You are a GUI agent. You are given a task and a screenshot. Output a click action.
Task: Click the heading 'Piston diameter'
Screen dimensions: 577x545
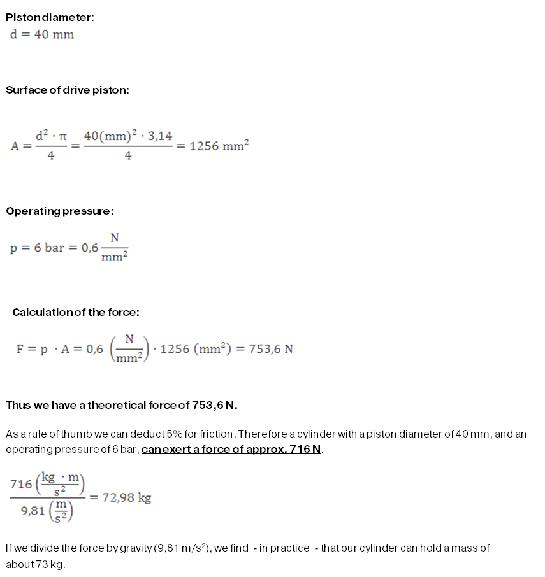tap(49, 17)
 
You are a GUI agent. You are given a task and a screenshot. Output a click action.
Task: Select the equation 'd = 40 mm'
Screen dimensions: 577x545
tap(42, 34)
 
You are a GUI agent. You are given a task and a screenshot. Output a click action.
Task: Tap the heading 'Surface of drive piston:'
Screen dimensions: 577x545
tap(68, 90)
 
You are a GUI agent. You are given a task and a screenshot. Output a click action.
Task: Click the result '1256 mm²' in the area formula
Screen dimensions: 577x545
tap(219, 145)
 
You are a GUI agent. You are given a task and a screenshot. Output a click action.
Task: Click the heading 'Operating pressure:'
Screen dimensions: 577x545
tap(60, 211)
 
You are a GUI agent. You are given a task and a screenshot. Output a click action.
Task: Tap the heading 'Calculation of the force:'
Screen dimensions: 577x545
tap(76, 312)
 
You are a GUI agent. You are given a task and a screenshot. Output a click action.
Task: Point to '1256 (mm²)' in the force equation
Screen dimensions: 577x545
tap(191, 349)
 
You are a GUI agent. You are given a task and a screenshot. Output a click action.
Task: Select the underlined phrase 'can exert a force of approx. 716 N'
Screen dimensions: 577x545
tap(231, 450)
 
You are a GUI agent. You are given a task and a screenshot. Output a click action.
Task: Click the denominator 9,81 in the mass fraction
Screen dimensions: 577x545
tap(33, 510)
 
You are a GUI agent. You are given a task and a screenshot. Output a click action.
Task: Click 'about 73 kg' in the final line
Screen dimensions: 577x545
tap(35, 564)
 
